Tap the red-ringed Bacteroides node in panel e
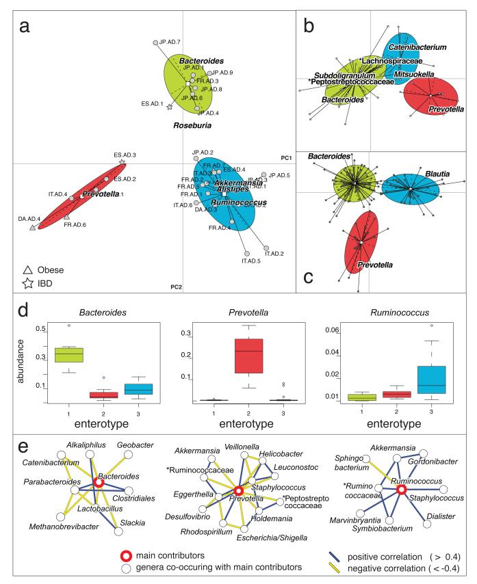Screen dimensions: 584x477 99,482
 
